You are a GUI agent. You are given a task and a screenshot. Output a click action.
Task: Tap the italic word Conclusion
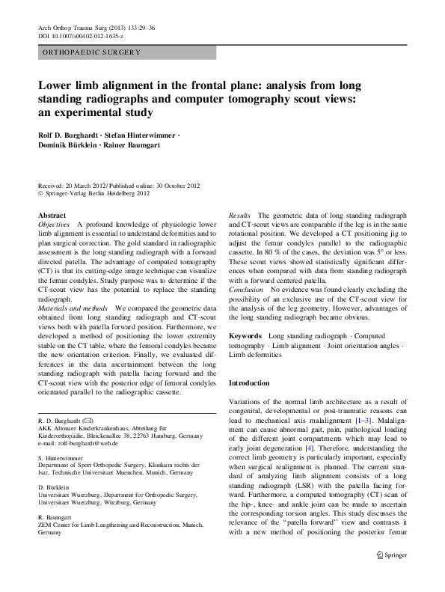coord(246,289)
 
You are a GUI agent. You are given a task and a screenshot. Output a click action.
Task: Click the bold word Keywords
coord(245,336)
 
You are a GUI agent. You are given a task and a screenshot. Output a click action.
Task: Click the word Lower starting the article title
coord(57,85)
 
